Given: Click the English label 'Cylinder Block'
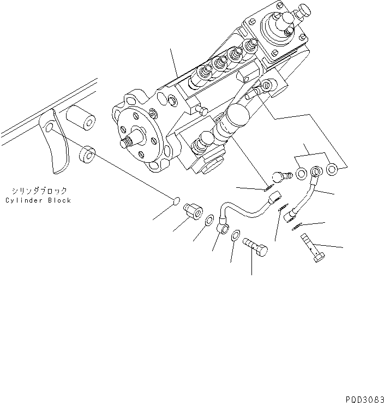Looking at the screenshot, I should (x=38, y=200).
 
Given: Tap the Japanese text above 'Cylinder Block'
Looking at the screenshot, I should (x=39, y=191).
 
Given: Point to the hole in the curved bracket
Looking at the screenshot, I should (x=49, y=128).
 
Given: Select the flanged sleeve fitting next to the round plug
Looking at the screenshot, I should (x=193, y=210).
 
